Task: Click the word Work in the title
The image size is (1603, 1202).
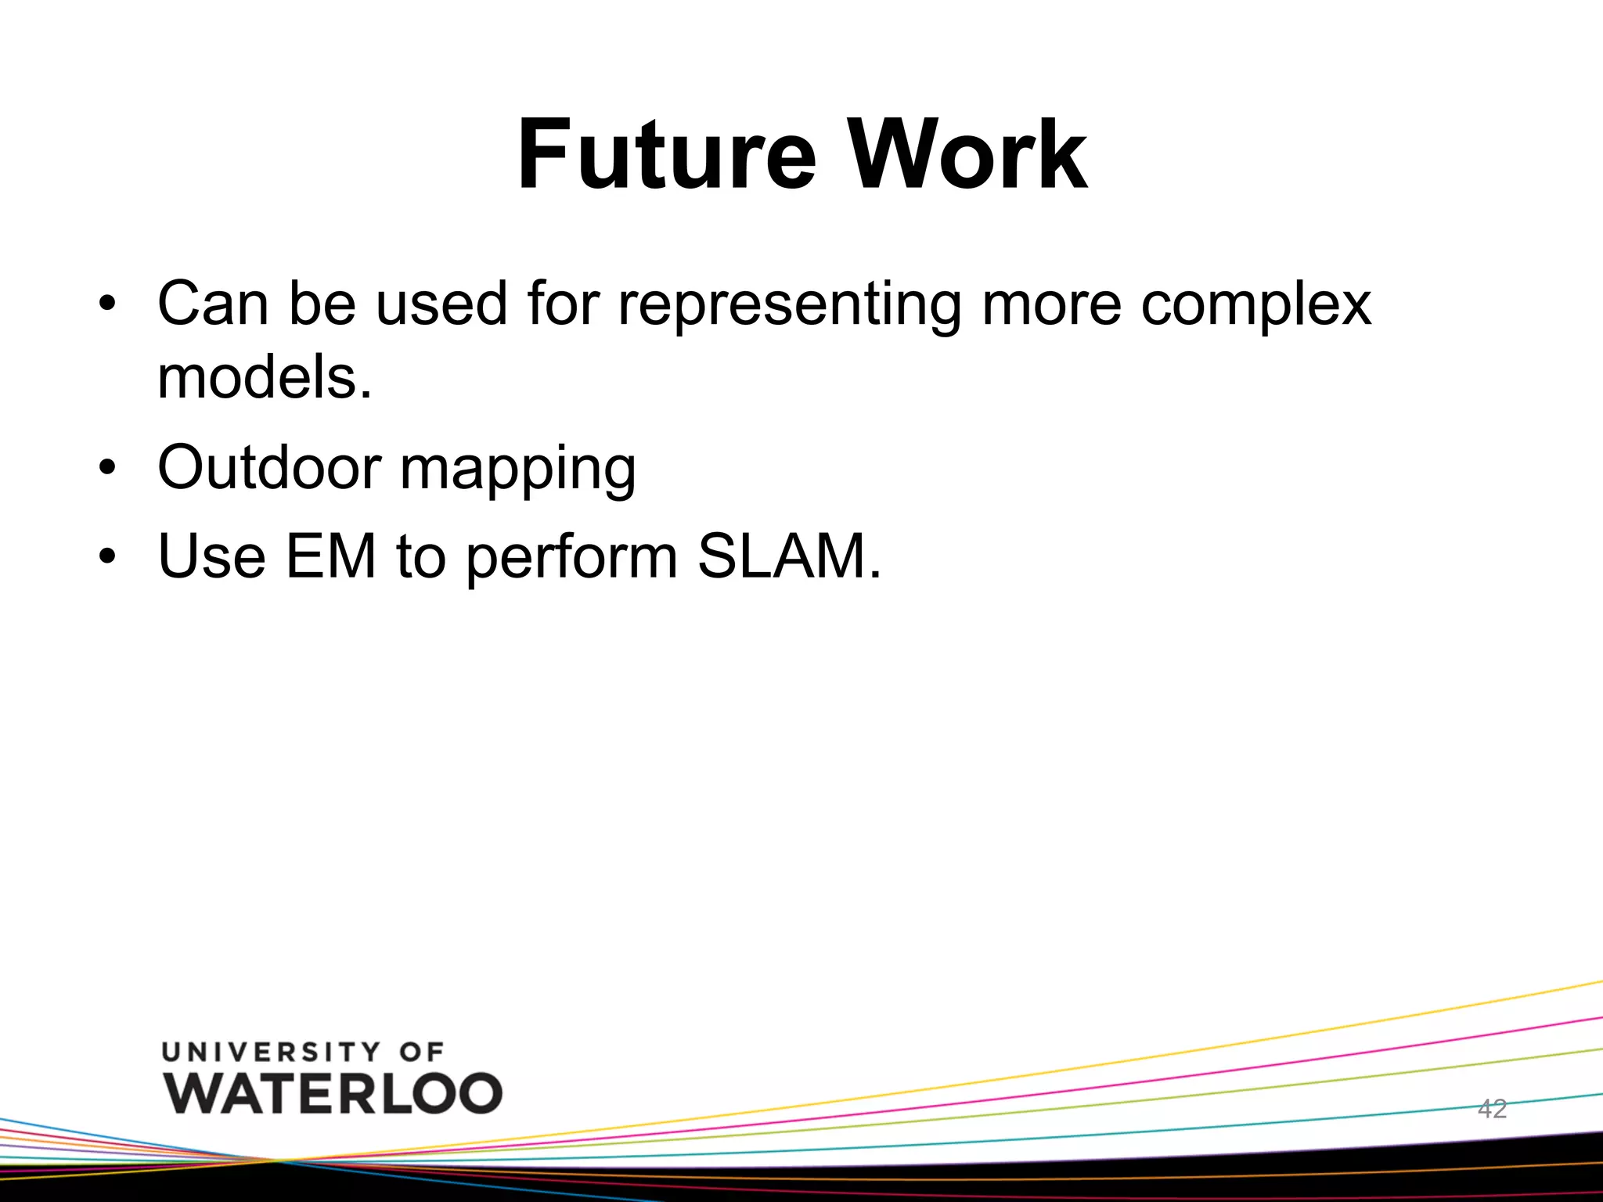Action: click(x=968, y=154)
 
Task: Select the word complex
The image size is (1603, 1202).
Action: click(x=1255, y=305)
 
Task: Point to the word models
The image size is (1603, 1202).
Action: click(x=264, y=377)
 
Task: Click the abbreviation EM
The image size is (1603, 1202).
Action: click(x=331, y=556)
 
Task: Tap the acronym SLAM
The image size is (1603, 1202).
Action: click(x=788, y=556)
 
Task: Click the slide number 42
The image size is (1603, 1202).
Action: click(x=1492, y=1109)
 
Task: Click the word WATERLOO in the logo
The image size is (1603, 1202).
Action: click(x=333, y=1092)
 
